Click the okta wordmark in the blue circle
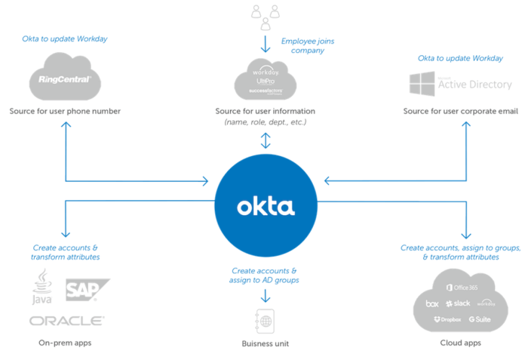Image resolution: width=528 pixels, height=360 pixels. click(264, 206)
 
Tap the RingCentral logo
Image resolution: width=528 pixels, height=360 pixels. click(65, 79)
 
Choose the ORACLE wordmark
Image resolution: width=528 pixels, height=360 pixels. click(66, 320)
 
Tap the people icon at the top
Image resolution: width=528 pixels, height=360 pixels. click(264, 13)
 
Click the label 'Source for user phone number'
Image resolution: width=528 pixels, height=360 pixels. click(65, 112)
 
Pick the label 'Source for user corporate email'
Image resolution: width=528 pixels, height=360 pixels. click(460, 112)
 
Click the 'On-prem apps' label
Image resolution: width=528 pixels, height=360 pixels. click(66, 343)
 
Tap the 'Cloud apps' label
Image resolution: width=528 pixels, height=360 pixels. click(460, 343)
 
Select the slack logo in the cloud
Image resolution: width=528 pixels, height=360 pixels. click(457, 303)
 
